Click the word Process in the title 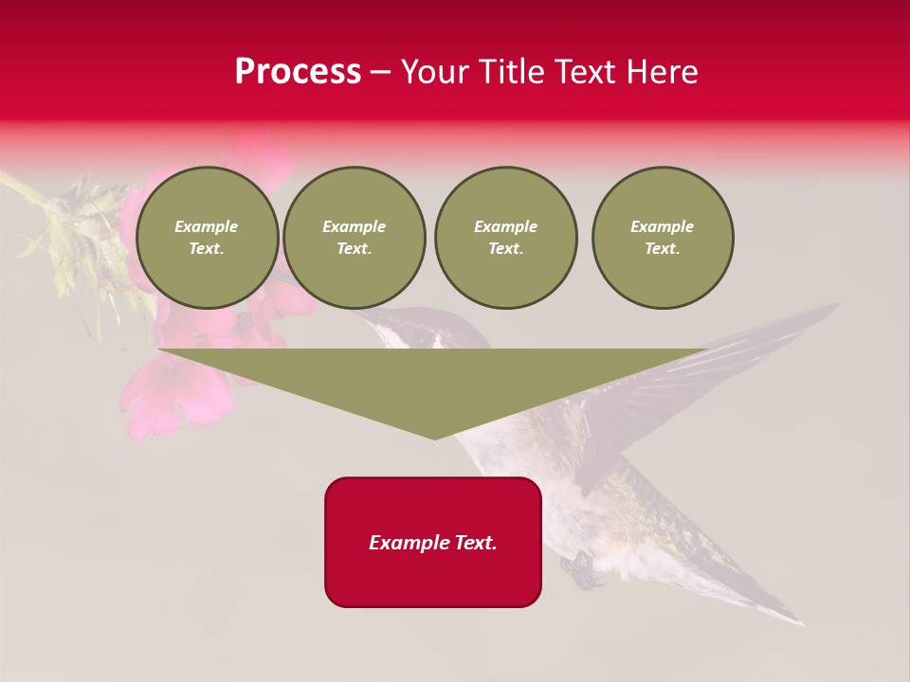(x=298, y=72)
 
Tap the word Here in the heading (x=661, y=72)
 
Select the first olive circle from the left (x=207, y=238)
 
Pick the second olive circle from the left (x=355, y=238)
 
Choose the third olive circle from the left (x=505, y=238)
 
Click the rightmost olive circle (x=663, y=238)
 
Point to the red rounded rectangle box (x=433, y=542)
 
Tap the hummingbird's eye (x=420, y=338)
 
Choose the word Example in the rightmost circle (x=663, y=226)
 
